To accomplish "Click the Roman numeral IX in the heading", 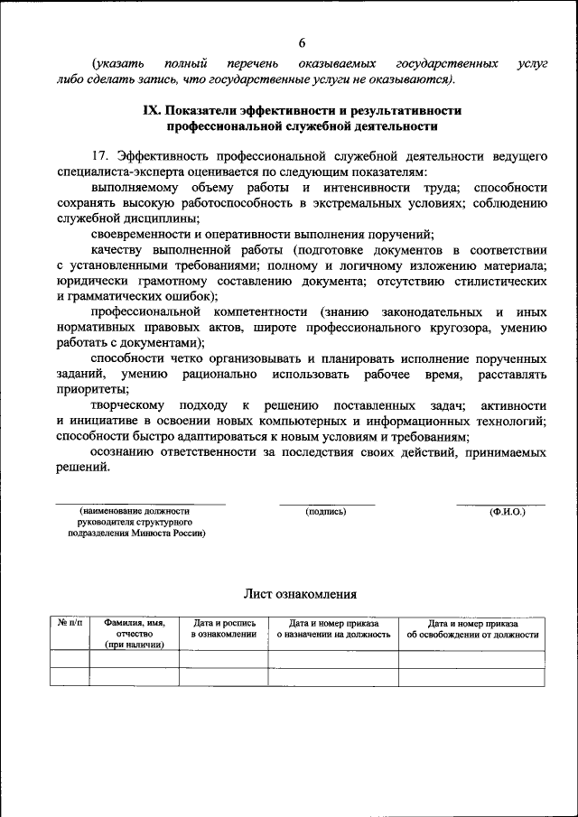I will click(x=152, y=110).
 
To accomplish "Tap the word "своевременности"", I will click(x=136, y=233).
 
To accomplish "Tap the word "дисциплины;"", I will click(x=163, y=218).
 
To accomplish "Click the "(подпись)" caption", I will click(x=326, y=512).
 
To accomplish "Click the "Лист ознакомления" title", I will click(x=300, y=594).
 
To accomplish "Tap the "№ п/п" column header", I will click(x=70, y=624).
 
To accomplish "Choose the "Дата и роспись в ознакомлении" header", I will click(x=224, y=629).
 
